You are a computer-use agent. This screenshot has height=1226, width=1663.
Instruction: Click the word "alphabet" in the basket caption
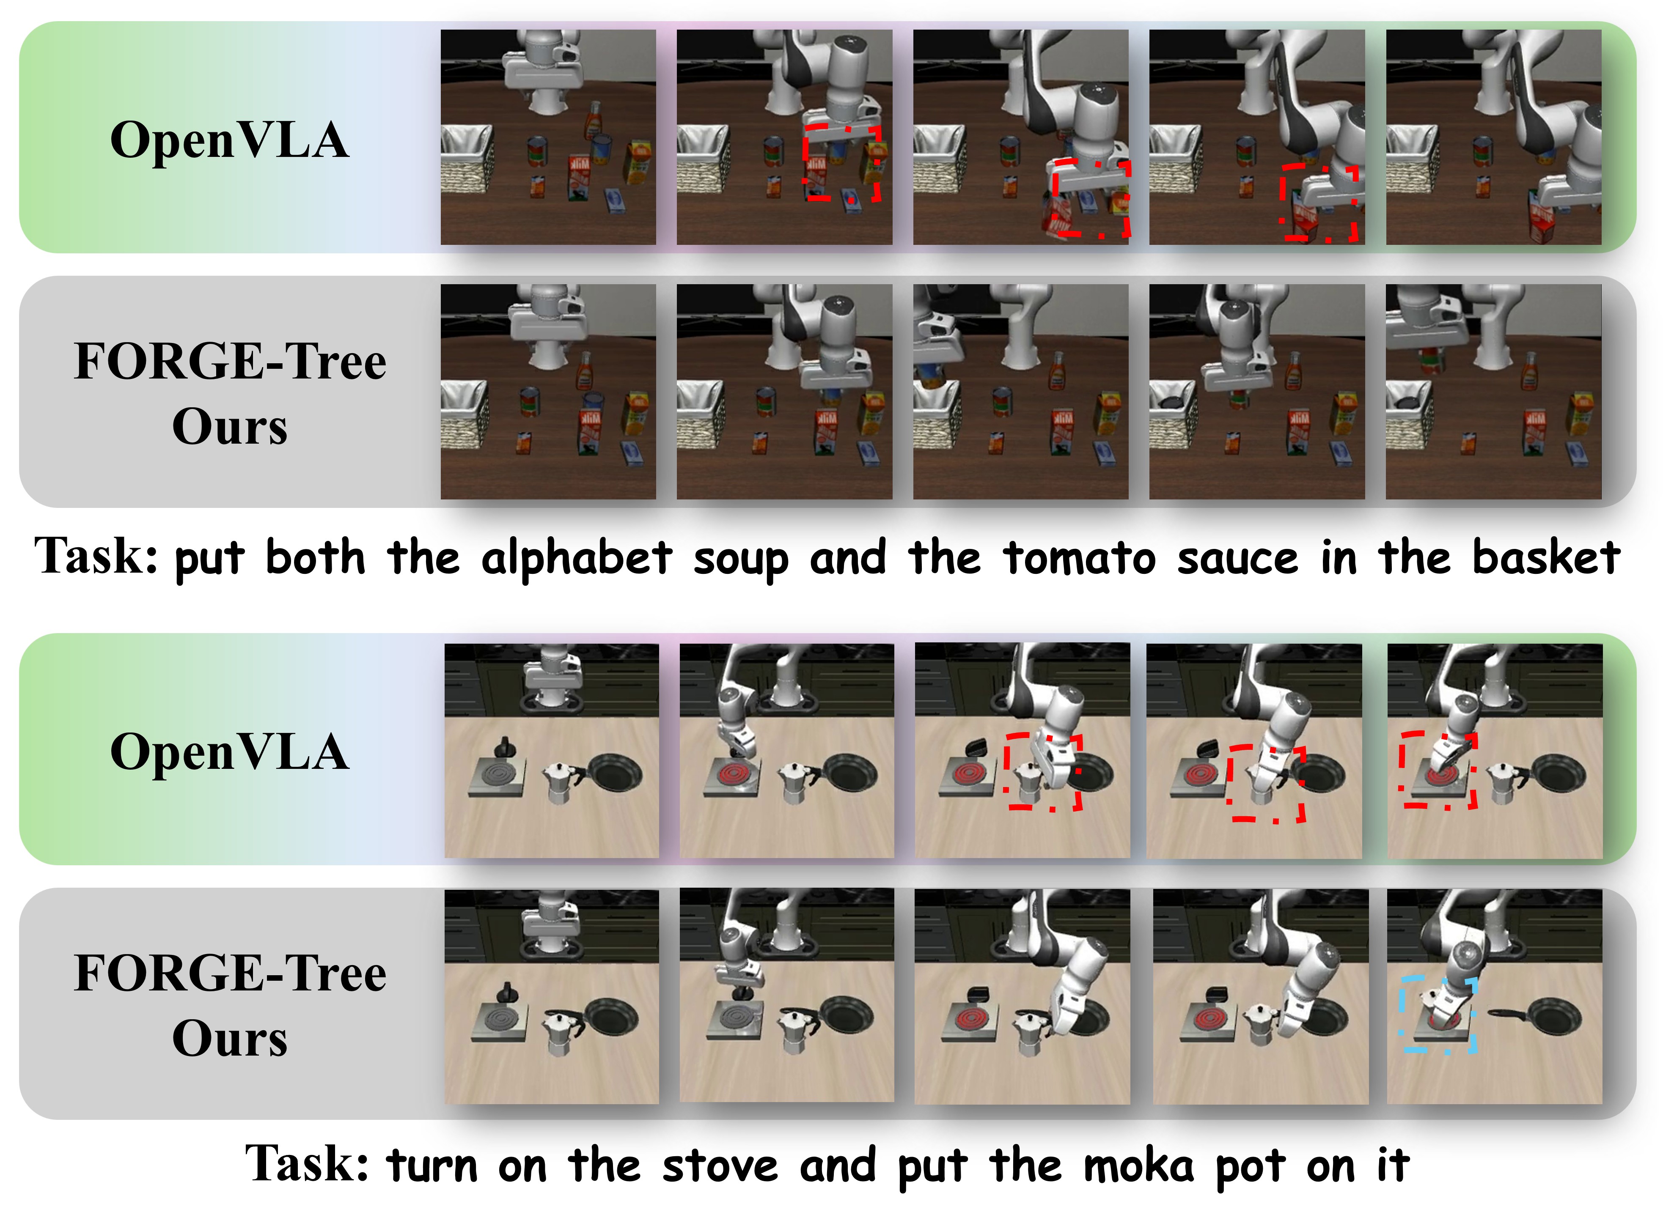coord(577,558)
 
